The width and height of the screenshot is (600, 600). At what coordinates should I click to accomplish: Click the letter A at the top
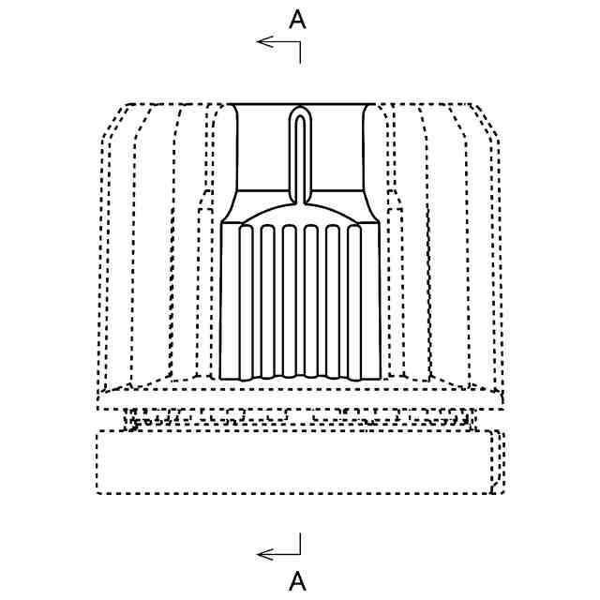(297, 21)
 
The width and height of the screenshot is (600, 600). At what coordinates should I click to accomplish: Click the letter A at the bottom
(297, 581)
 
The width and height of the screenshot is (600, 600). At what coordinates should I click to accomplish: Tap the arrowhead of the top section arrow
(261, 41)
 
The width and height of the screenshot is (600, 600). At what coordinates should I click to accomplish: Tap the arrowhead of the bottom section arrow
(261, 555)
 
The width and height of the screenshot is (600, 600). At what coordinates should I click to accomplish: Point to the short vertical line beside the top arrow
(300, 52)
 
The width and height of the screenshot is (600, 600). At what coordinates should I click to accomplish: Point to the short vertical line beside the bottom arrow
(300, 544)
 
